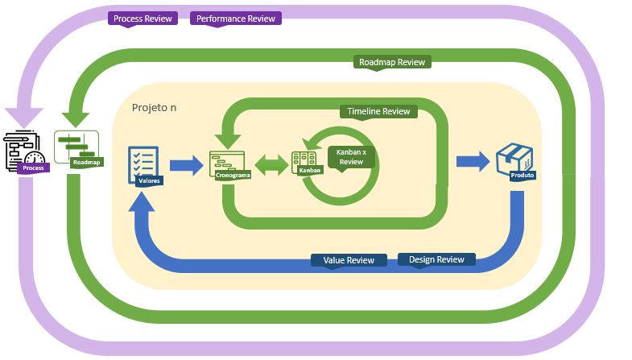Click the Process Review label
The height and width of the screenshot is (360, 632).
143,19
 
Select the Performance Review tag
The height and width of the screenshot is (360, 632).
236,19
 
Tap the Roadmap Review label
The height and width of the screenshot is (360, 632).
392,62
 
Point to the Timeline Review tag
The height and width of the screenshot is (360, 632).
378,111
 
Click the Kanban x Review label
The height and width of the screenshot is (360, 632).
351,156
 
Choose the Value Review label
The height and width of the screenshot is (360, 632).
349,260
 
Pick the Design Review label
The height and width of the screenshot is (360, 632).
436,259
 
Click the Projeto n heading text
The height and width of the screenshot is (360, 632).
154,107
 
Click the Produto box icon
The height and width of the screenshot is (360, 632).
513,159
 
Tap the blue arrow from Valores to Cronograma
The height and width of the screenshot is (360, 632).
186,166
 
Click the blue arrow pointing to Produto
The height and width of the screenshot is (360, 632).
473,161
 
